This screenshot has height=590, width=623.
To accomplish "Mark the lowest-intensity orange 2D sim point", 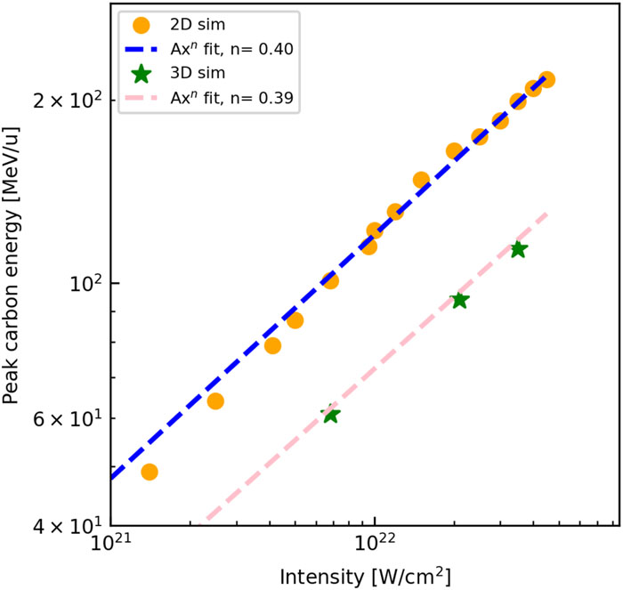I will pyautogui.click(x=150, y=472).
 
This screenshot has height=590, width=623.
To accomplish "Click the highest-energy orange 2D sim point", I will pyautogui.click(x=546, y=80).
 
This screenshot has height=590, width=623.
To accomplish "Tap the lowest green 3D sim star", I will pyautogui.click(x=330, y=415).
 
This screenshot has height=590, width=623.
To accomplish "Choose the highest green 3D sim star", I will pyautogui.click(x=518, y=249).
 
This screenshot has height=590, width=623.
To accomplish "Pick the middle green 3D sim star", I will pyautogui.click(x=459, y=301).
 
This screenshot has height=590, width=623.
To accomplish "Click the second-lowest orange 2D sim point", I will pyautogui.click(x=215, y=401).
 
